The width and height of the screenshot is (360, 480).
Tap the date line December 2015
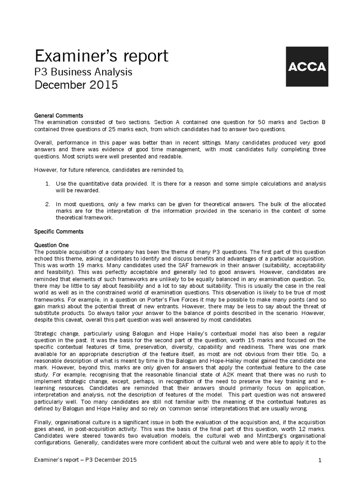[x=77, y=85]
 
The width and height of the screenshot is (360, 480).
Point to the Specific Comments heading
[x=59, y=232]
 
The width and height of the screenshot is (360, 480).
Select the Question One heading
[x=52, y=245]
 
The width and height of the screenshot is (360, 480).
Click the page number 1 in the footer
[x=319, y=461]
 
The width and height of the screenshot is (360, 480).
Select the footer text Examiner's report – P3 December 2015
[x=86, y=460]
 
